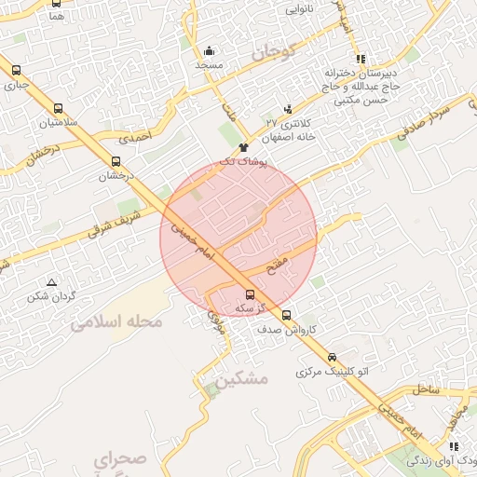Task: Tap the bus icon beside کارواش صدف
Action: (x=286, y=315)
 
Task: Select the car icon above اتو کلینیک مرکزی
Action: (x=332, y=357)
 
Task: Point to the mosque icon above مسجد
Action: (x=209, y=51)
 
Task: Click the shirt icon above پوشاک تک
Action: (x=243, y=147)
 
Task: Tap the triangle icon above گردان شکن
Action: (x=51, y=281)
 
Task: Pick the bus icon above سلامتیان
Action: (x=59, y=108)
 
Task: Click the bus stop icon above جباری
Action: (x=16, y=70)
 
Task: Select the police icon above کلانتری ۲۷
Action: (x=289, y=108)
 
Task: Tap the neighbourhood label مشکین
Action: (x=241, y=380)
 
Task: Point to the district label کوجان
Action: (x=272, y=52)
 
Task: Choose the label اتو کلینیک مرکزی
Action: (x=333, y=372)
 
